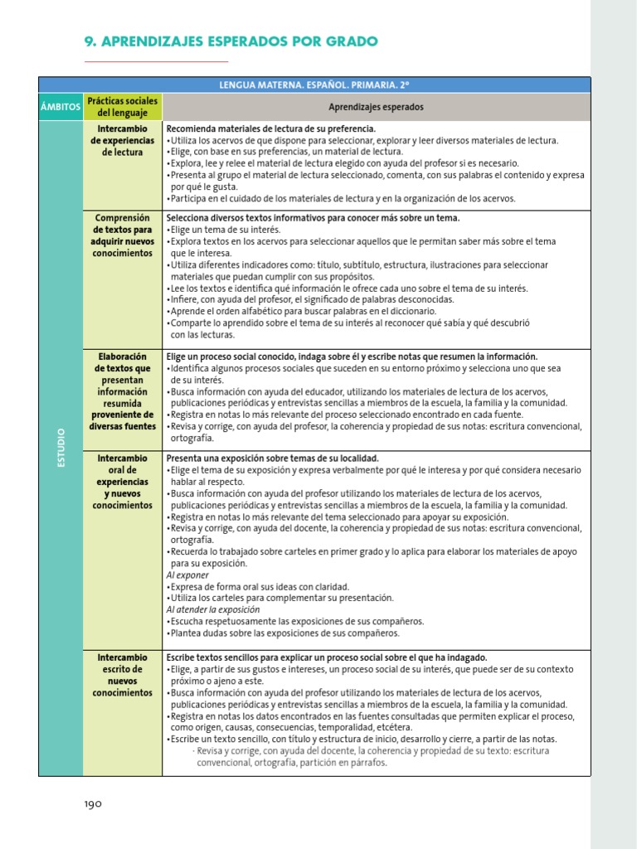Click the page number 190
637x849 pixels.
[92, 803]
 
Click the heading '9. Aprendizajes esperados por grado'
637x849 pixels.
[231, 41]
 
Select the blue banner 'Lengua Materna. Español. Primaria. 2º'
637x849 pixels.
[314, 85]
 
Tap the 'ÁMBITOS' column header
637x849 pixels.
[60, 107]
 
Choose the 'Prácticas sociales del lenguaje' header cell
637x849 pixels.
[122, 106]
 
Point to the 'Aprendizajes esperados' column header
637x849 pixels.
[376, 107]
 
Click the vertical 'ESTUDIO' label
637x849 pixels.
[61, 448]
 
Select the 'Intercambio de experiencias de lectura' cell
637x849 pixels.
[122, 141]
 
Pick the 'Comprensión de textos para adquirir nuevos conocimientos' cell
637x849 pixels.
[122, 235]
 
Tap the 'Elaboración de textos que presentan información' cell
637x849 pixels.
[122, 391]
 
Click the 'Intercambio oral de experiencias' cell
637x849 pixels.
[122, 482]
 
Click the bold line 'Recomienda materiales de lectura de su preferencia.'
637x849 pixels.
[271, 129]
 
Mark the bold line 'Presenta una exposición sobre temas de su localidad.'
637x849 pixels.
[273, 458]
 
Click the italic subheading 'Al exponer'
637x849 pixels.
[188, 575]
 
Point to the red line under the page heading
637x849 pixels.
[156, 61]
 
